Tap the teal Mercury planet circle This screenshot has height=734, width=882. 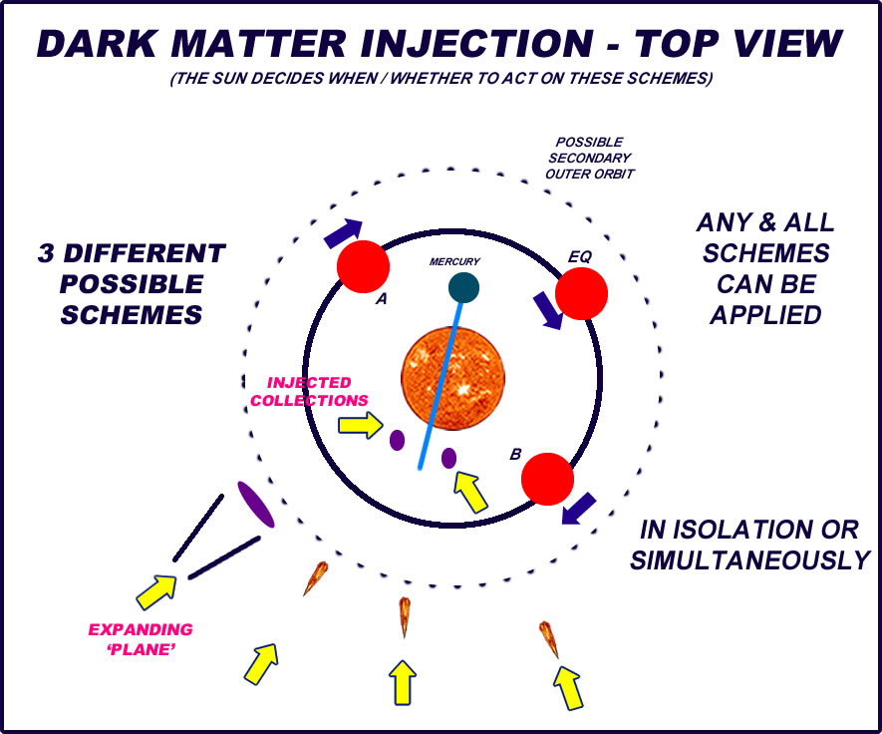[463, 287]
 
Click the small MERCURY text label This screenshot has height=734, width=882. [454, 261]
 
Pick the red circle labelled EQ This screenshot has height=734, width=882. [581, 293]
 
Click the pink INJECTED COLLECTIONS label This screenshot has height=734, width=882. [309, 391]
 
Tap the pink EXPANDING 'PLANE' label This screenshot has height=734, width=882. [142, 638]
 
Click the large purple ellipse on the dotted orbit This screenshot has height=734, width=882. [256, 504]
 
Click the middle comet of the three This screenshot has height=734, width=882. [405, 615]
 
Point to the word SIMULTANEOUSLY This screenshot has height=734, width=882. [749, 560]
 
